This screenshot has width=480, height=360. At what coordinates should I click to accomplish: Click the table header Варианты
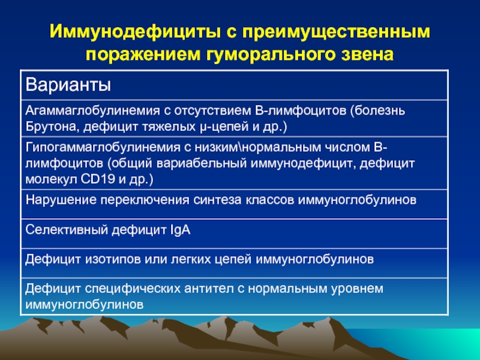tap(68, 85)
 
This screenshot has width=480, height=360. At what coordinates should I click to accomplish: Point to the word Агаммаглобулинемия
tap(92, 110)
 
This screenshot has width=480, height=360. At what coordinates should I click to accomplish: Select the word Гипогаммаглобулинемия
tap(103, 148)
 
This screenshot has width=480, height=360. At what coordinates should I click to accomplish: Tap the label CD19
tap(98, 179)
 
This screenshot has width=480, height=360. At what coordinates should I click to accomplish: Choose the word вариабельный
tap(202, 163)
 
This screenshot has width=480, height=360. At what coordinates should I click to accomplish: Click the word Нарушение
tap(61, 200)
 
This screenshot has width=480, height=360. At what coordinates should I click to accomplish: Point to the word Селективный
tap(67, 230)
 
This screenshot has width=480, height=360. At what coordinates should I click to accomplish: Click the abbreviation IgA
tap(181, 230)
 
